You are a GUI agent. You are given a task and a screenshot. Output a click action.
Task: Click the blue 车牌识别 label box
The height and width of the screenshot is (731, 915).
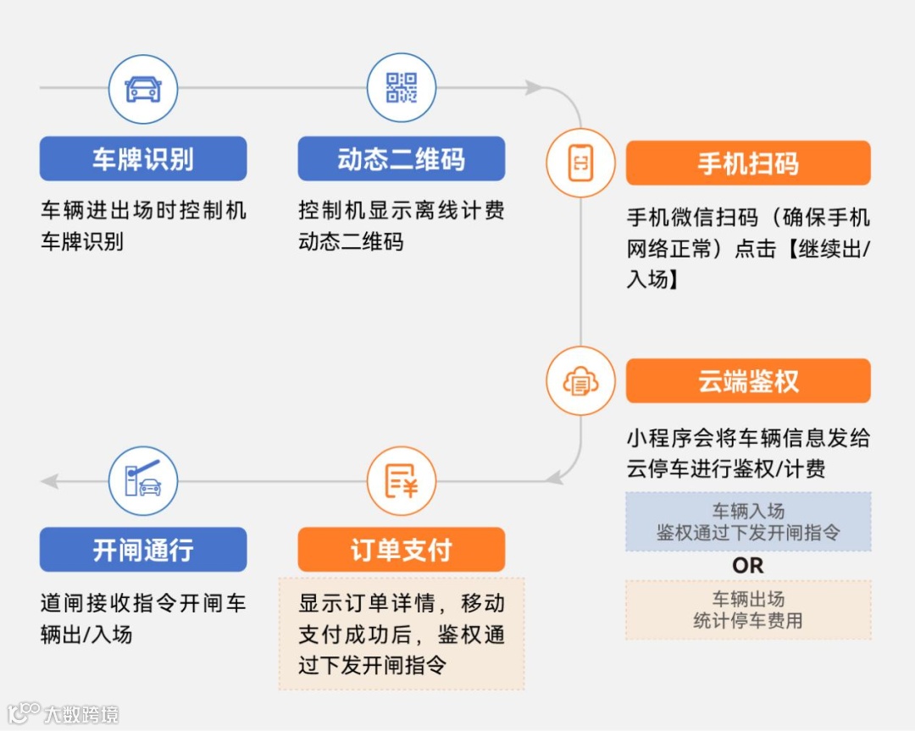143,158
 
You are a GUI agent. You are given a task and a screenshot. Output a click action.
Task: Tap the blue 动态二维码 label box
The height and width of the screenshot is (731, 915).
401,158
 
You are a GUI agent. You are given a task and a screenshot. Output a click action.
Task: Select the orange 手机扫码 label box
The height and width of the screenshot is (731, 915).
747,163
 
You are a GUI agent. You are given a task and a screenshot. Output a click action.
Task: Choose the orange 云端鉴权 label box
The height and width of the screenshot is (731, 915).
747,380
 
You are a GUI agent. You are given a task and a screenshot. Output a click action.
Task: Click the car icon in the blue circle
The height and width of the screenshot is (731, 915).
143,89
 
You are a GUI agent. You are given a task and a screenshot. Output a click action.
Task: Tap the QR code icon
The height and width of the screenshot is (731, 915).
401,88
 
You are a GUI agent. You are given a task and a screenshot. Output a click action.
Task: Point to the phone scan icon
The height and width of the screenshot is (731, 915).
580,163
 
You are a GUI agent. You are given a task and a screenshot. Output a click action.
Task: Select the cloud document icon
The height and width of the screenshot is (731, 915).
580,381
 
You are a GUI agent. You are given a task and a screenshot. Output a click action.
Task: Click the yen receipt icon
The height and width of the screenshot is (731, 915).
401,481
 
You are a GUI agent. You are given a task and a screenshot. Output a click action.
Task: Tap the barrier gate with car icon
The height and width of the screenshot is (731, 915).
143,481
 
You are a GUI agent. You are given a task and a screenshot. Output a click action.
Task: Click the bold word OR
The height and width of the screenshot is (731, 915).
747,565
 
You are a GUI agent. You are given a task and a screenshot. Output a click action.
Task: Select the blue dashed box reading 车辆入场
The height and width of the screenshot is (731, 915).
747,522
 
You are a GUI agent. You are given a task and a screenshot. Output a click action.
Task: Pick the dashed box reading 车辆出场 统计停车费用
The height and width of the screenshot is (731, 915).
747,610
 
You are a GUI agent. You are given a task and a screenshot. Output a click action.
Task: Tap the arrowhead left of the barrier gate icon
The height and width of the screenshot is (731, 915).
50,481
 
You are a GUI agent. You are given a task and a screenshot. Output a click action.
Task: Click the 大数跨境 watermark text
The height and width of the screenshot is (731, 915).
81,714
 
